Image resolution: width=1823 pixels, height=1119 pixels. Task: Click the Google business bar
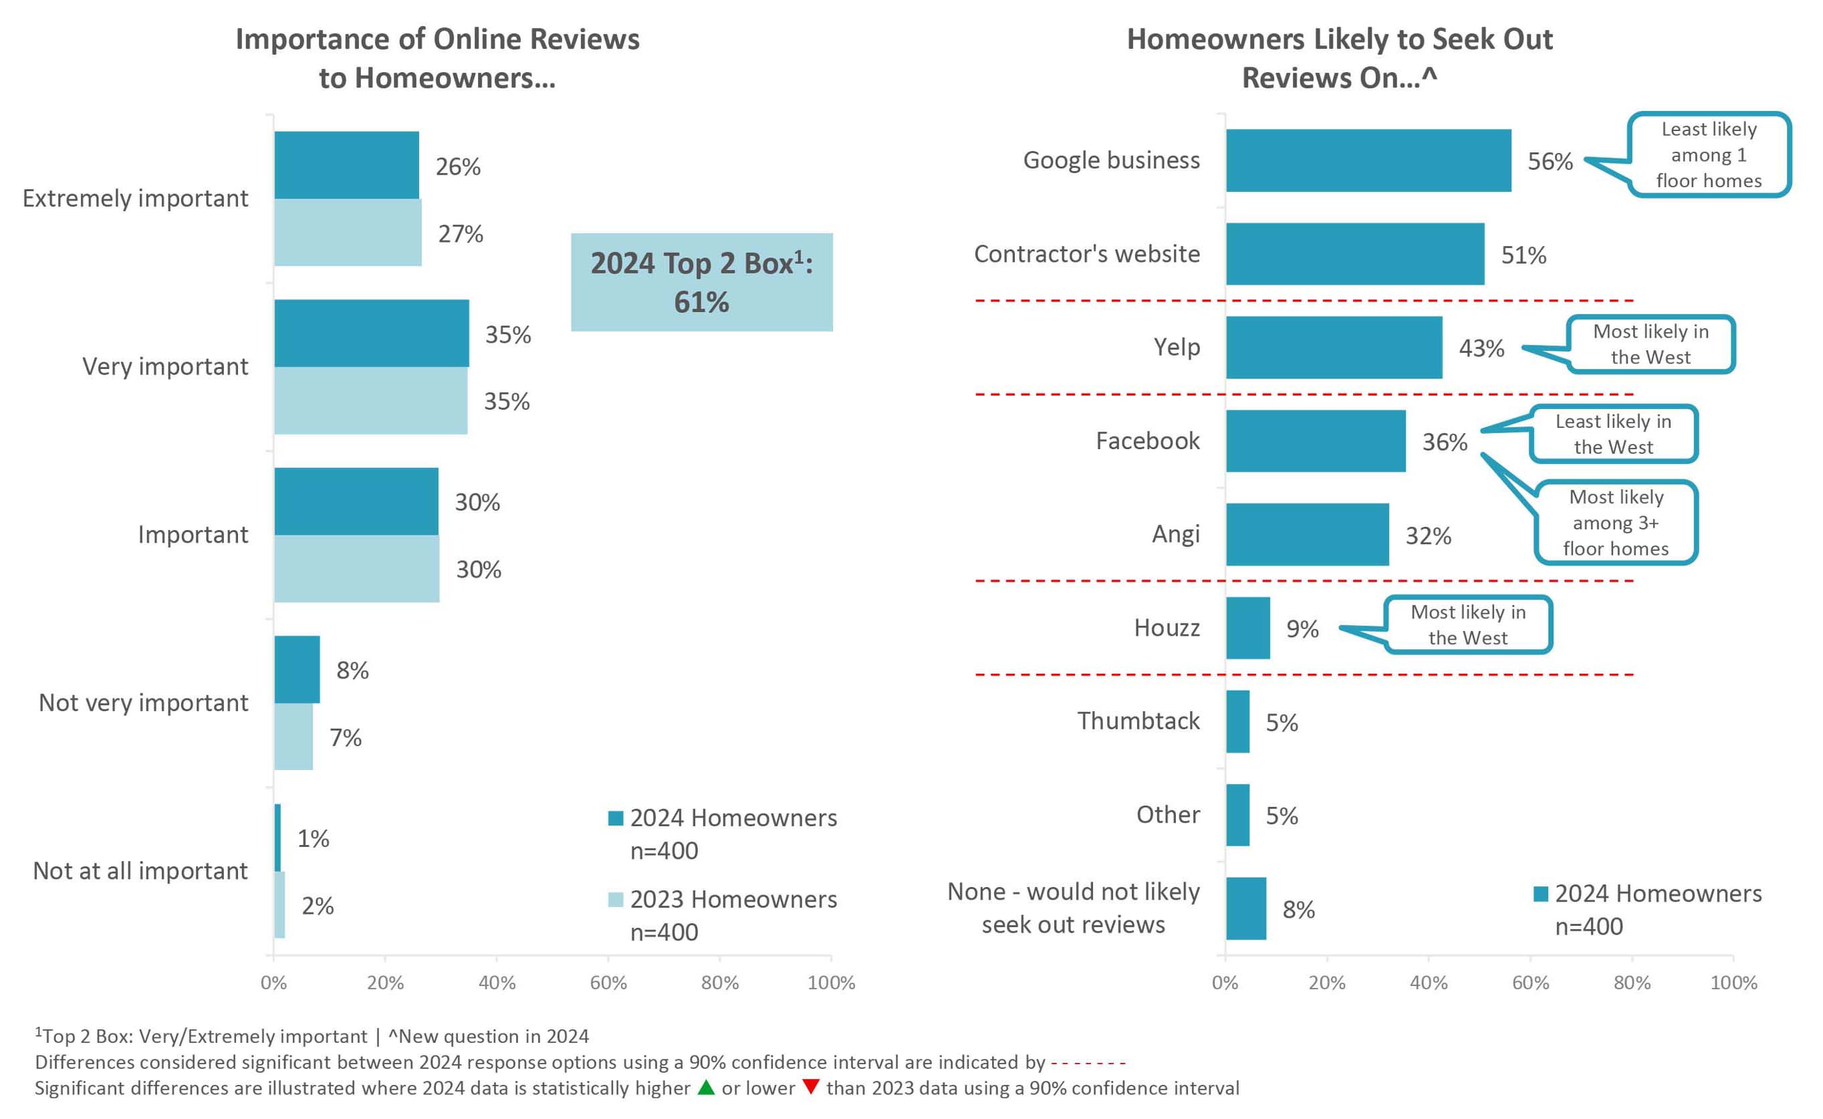point(1368,160)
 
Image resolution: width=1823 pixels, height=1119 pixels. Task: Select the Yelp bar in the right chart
point(1334,348)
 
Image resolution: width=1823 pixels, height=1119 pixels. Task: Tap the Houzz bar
point(1248,628)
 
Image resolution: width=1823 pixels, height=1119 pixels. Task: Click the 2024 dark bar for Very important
point(372,334)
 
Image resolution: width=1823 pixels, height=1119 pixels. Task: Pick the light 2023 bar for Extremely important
point(348,233)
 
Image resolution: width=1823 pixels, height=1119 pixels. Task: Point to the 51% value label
point(1524,255)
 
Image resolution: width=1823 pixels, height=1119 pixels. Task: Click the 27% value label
point(461,234)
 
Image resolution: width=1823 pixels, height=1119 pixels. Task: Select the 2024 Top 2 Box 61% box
point(702,282)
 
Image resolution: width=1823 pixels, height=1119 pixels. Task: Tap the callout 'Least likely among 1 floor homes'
point(1708,154)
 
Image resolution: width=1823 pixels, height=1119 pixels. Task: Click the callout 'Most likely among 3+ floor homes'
point(1616,523)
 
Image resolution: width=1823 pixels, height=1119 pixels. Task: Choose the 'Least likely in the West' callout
point(1613,434)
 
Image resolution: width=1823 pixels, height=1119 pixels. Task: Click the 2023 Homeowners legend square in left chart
point(615,900)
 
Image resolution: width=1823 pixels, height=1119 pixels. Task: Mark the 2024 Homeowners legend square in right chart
point(1540,894)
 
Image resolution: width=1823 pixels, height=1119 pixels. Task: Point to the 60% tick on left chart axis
point(608,983)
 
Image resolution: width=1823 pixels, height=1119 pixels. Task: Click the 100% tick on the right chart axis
point(1733,983)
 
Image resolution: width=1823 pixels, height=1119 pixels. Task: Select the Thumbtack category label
point(1138,721)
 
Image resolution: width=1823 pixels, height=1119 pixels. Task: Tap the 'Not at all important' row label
point(140,871)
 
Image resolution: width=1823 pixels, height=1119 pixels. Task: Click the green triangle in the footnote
point(706,1087)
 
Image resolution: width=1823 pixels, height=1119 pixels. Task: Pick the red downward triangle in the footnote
point(811,1087)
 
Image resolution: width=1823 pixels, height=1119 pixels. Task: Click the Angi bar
point(1307,535)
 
